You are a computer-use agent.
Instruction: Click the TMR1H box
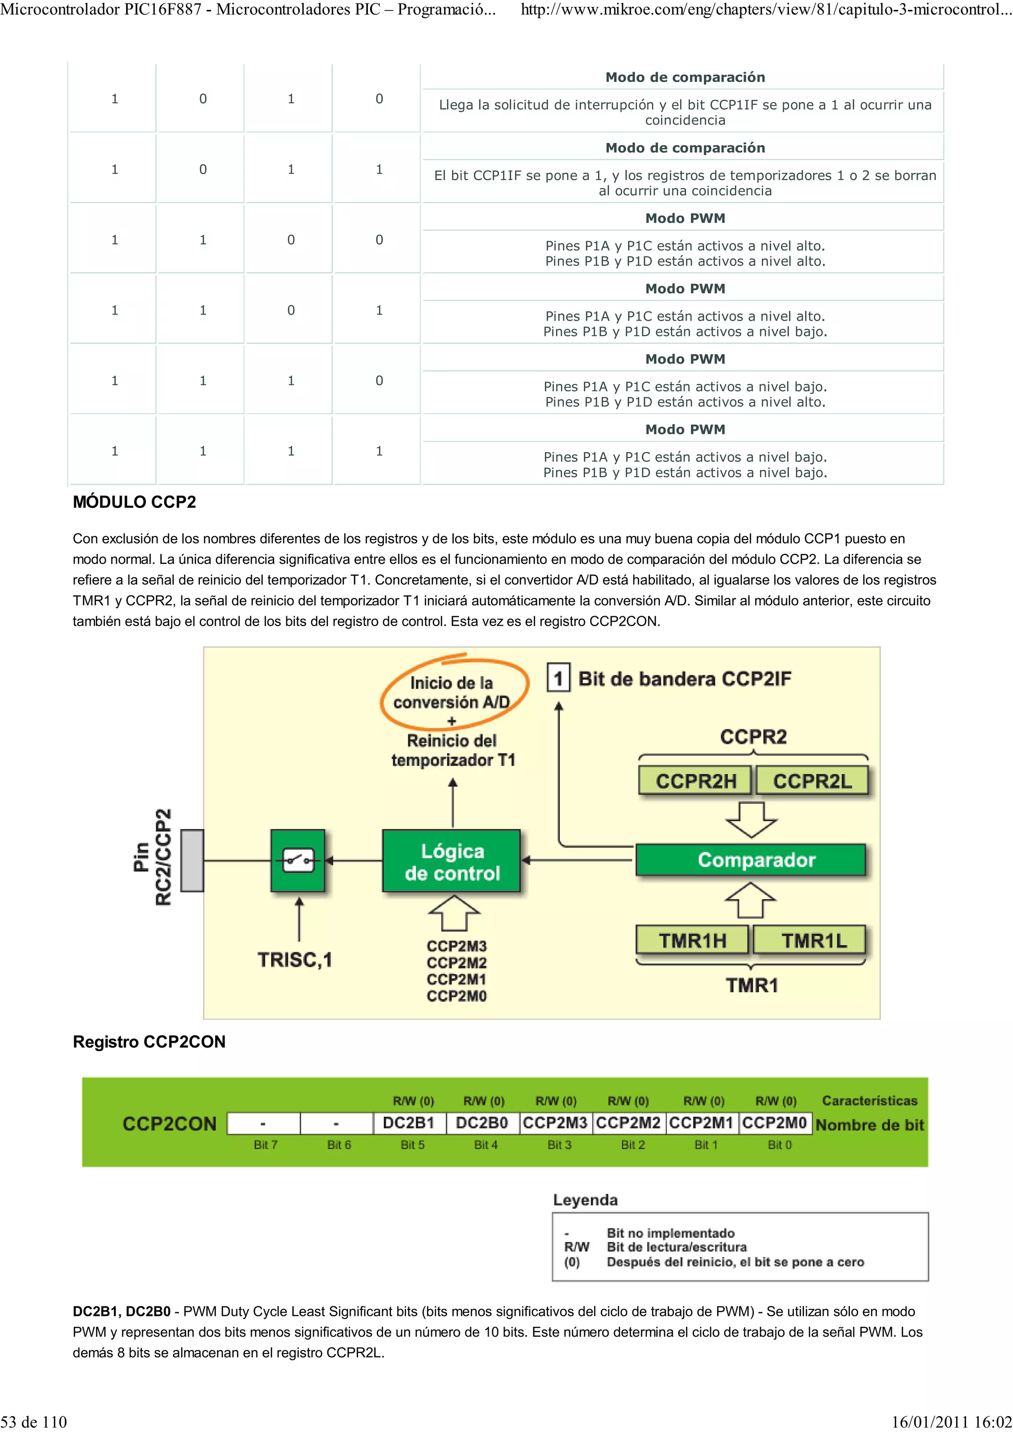click(692, 939)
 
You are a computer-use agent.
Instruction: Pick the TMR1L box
click(810, 939)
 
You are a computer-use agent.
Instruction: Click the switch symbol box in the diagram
click(298, 860)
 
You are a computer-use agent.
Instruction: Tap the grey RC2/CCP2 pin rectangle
click(191, 860)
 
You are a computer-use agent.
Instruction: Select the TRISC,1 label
click(295, 959)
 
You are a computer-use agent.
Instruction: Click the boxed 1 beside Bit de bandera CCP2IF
click(558, 678)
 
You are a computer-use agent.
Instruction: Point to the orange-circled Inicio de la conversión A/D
click(452, 692)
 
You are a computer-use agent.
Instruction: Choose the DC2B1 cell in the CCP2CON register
click(409, 1123)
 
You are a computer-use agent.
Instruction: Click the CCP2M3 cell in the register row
click(555, 1123)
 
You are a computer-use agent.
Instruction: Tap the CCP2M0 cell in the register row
click(775, 1123)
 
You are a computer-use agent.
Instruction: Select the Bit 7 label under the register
click(265, 1144)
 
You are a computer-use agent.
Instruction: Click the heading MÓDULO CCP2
click(134, 502)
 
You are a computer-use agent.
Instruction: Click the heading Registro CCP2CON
click(149, 1042)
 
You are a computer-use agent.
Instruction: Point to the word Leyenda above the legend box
click(585, 1199)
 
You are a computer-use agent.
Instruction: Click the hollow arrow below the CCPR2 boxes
click(751, 819)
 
